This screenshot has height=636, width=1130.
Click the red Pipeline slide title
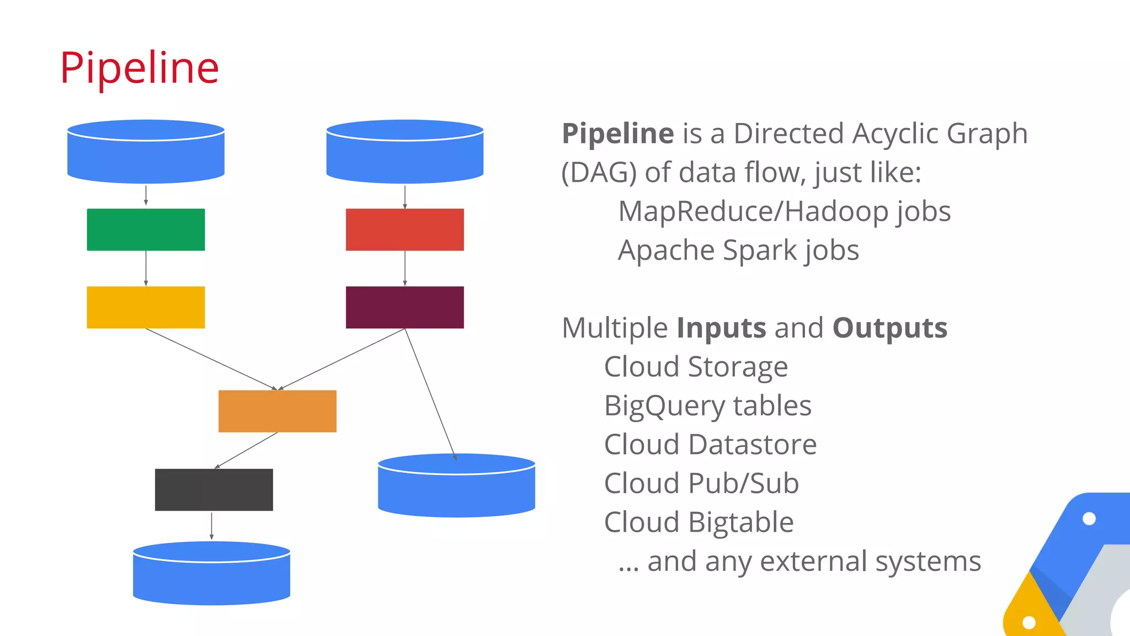tap(140, 68)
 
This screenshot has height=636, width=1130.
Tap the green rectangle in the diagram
tap(146, 229)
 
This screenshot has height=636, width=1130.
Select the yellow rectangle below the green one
tap(146, 307)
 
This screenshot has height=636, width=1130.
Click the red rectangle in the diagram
tap(404, 229)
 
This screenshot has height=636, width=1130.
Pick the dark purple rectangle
tap(404, 307)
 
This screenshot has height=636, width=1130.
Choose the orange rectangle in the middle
tap(277, 411)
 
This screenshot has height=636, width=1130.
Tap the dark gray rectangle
tap(214, 490)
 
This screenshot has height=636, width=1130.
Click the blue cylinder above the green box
tap(146, 154)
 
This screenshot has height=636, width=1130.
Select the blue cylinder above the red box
tap(404, 154)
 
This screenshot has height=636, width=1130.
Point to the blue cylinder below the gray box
tap(211, 576)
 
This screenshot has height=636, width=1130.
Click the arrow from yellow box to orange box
tap(211, 359)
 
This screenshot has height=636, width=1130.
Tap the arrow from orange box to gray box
tap(246, 450)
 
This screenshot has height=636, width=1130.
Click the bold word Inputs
tap(721, 328)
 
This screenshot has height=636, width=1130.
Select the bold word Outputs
tap(889, 328)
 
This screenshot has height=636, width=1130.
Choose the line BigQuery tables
tap(708, 406)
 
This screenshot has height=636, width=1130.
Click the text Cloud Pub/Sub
tap(701, 484)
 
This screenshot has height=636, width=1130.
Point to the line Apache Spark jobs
tap(738, 251)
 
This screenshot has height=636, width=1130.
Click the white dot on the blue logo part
tap(1089, 519)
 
